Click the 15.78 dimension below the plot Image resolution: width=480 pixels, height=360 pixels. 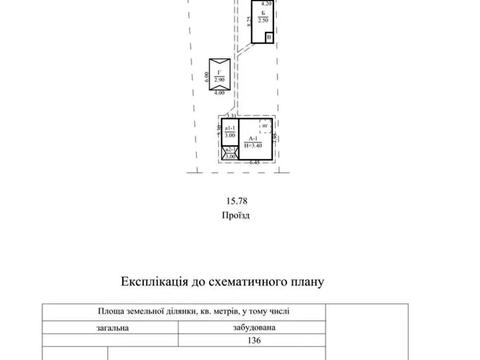[232, 200]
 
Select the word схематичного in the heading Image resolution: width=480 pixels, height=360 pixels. [258, 284]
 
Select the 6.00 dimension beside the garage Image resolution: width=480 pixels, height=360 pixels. [206, 75]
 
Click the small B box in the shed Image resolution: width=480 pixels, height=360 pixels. [267, 38]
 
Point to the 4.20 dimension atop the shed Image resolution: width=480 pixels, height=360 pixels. [265, 5]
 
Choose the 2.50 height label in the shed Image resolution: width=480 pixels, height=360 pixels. [262, 20]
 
